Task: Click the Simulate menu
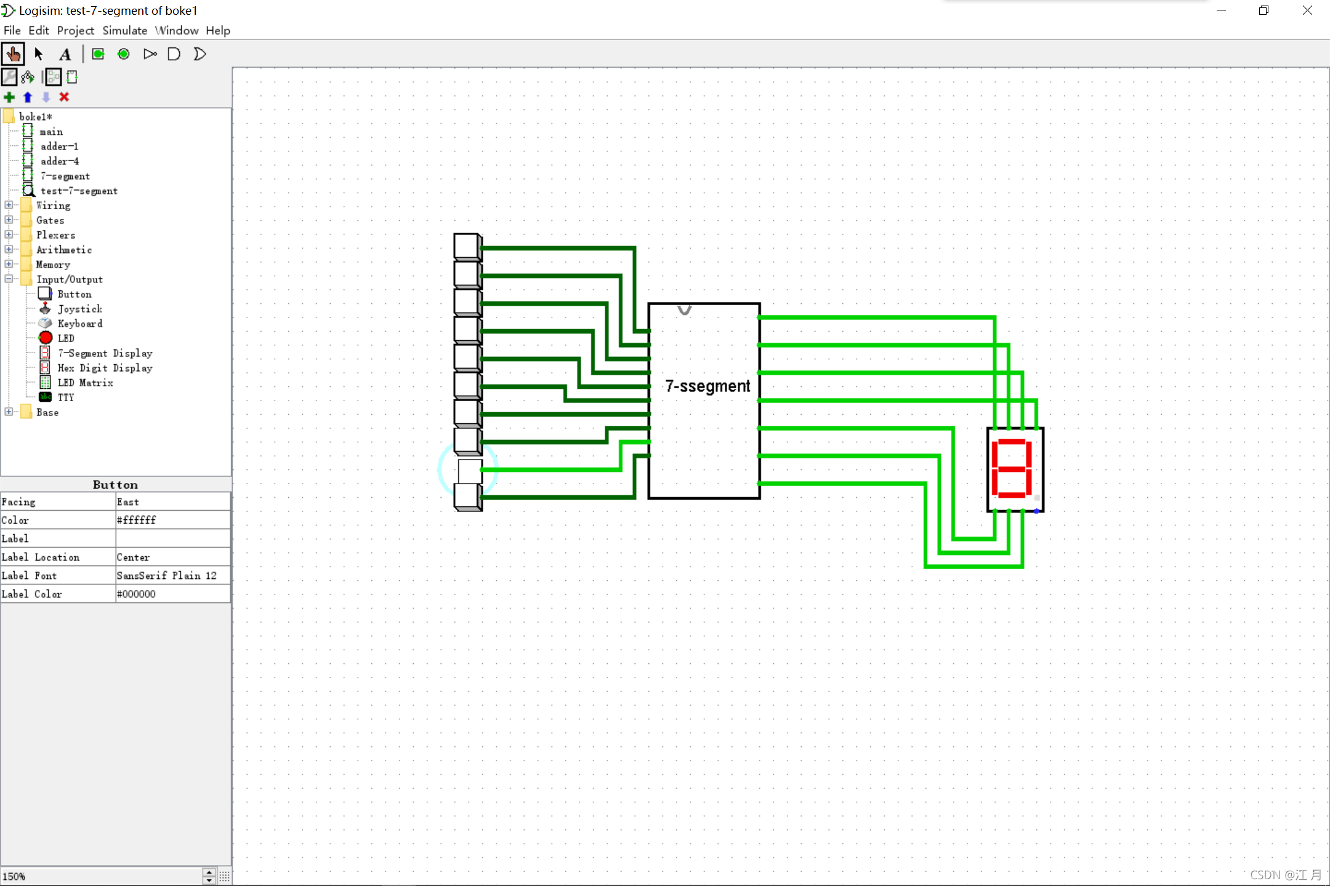click(124, 30)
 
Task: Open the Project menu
click(75, 30)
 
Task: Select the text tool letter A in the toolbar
click(65, 54)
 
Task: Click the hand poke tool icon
click(13, 54)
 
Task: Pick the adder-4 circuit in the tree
click(59, 161)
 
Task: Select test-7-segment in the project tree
click(79, 191)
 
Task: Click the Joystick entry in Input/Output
click(79, 309)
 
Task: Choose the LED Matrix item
click(85, 383)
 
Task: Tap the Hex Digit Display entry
click(105, 368)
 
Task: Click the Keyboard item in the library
click(79, 324)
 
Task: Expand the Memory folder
click(9, 265)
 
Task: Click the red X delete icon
click(64, 97)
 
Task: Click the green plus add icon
click(9, 97)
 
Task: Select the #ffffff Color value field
click(172, 520)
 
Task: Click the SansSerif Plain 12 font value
click(172, 575)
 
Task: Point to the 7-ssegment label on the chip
click(707, 386)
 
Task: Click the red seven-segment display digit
click(1012, 469)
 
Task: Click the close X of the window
click(1307, 10)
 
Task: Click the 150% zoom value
click(14, 876)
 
